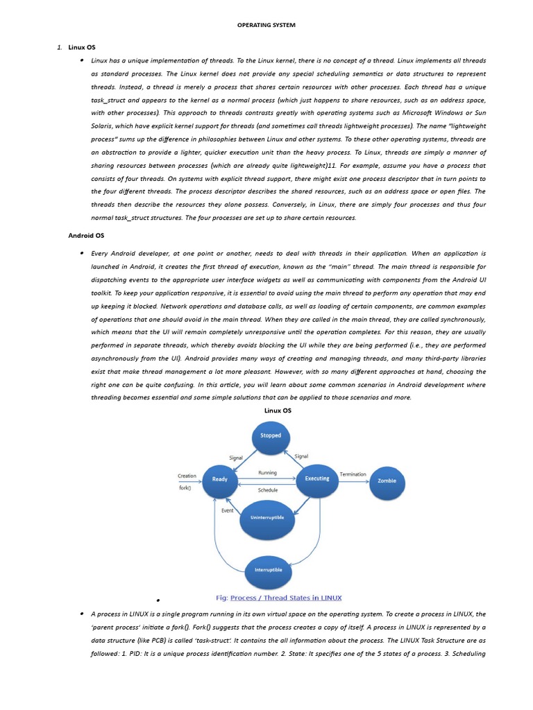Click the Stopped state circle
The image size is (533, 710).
tap(270, 436)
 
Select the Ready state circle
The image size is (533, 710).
tap(220, 479)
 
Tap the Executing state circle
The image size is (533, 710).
tap(316, 479)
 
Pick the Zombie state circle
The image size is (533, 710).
tap(387, 480)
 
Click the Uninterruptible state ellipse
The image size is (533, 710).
tap(267, 518)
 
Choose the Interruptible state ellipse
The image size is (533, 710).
tap(264, 570)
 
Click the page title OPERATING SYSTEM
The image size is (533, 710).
tap(266, 26)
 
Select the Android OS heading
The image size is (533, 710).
tap(86, 236)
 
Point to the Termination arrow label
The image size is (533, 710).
tap(353, 474)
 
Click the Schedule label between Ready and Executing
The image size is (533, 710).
tap(268, 490)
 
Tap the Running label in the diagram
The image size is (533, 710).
tap(267, 473)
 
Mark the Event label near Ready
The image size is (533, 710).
tap(227, 511)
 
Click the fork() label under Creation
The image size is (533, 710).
tap(185, 487)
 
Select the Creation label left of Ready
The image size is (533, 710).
tap(187, 476)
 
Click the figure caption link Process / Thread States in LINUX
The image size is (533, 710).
tap(286, 598)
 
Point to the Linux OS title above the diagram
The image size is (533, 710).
tap(278, 411)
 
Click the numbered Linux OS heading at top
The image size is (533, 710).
tap(82, 47)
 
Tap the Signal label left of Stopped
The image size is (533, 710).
tap(236, 458)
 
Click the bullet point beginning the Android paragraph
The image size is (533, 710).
tap(82, 254)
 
